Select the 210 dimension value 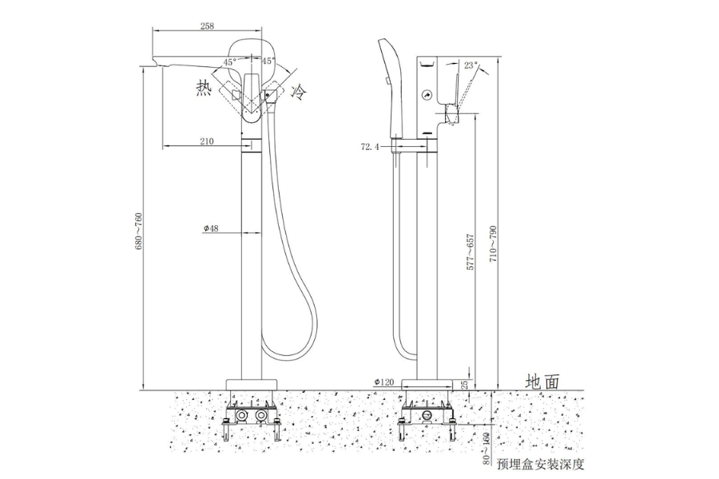[x=206, y=141]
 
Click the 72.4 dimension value [x=371, y=147]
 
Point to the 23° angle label [x=470, y=65]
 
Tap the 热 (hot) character [x=204, y=89]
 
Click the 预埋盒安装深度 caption [x=540, y=462]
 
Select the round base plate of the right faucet [x=425, y=384]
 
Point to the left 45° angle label [x=229, y=61]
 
